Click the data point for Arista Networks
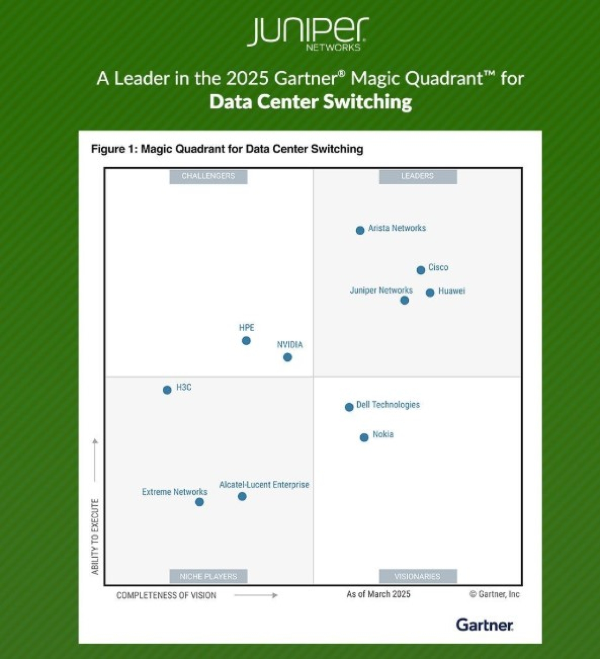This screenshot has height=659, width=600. [360, 230]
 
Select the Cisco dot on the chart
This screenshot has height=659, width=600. [420, 270]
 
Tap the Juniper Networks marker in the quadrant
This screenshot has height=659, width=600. [405, 300]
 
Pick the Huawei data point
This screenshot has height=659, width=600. [430, 293]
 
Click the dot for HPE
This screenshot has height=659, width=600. [246, 341]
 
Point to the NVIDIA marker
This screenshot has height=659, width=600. [287, 357]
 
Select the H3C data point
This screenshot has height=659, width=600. [167, 390]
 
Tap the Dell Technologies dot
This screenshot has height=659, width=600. [349, 407]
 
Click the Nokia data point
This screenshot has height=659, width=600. [364, 438]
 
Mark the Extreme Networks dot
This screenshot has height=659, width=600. [199, 502]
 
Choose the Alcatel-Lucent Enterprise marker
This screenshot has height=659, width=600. [242, 496]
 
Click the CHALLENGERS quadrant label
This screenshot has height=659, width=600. [208, 176]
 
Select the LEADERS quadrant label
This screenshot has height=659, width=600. [417, 176]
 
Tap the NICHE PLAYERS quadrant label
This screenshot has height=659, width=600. [208, 576]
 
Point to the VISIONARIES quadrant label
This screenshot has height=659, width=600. [417, 576]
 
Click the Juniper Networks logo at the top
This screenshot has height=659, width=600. [308, 34]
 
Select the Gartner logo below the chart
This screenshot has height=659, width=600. [485, 625]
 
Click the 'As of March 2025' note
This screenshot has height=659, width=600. [378, 594]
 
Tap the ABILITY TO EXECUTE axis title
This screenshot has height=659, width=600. [95, 536]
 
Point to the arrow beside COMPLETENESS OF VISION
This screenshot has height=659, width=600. [256, 595]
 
